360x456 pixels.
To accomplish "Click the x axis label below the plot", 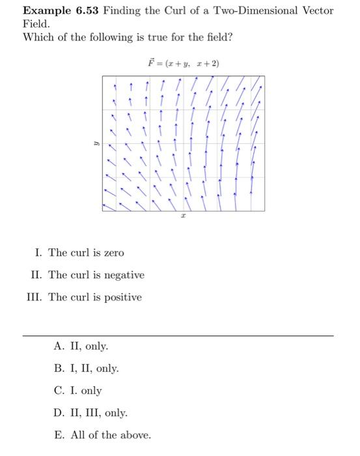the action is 183,221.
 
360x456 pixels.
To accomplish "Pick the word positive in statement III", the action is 122,298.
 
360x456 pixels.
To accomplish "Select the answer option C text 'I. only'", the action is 87,391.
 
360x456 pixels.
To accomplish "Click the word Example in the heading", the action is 46,11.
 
